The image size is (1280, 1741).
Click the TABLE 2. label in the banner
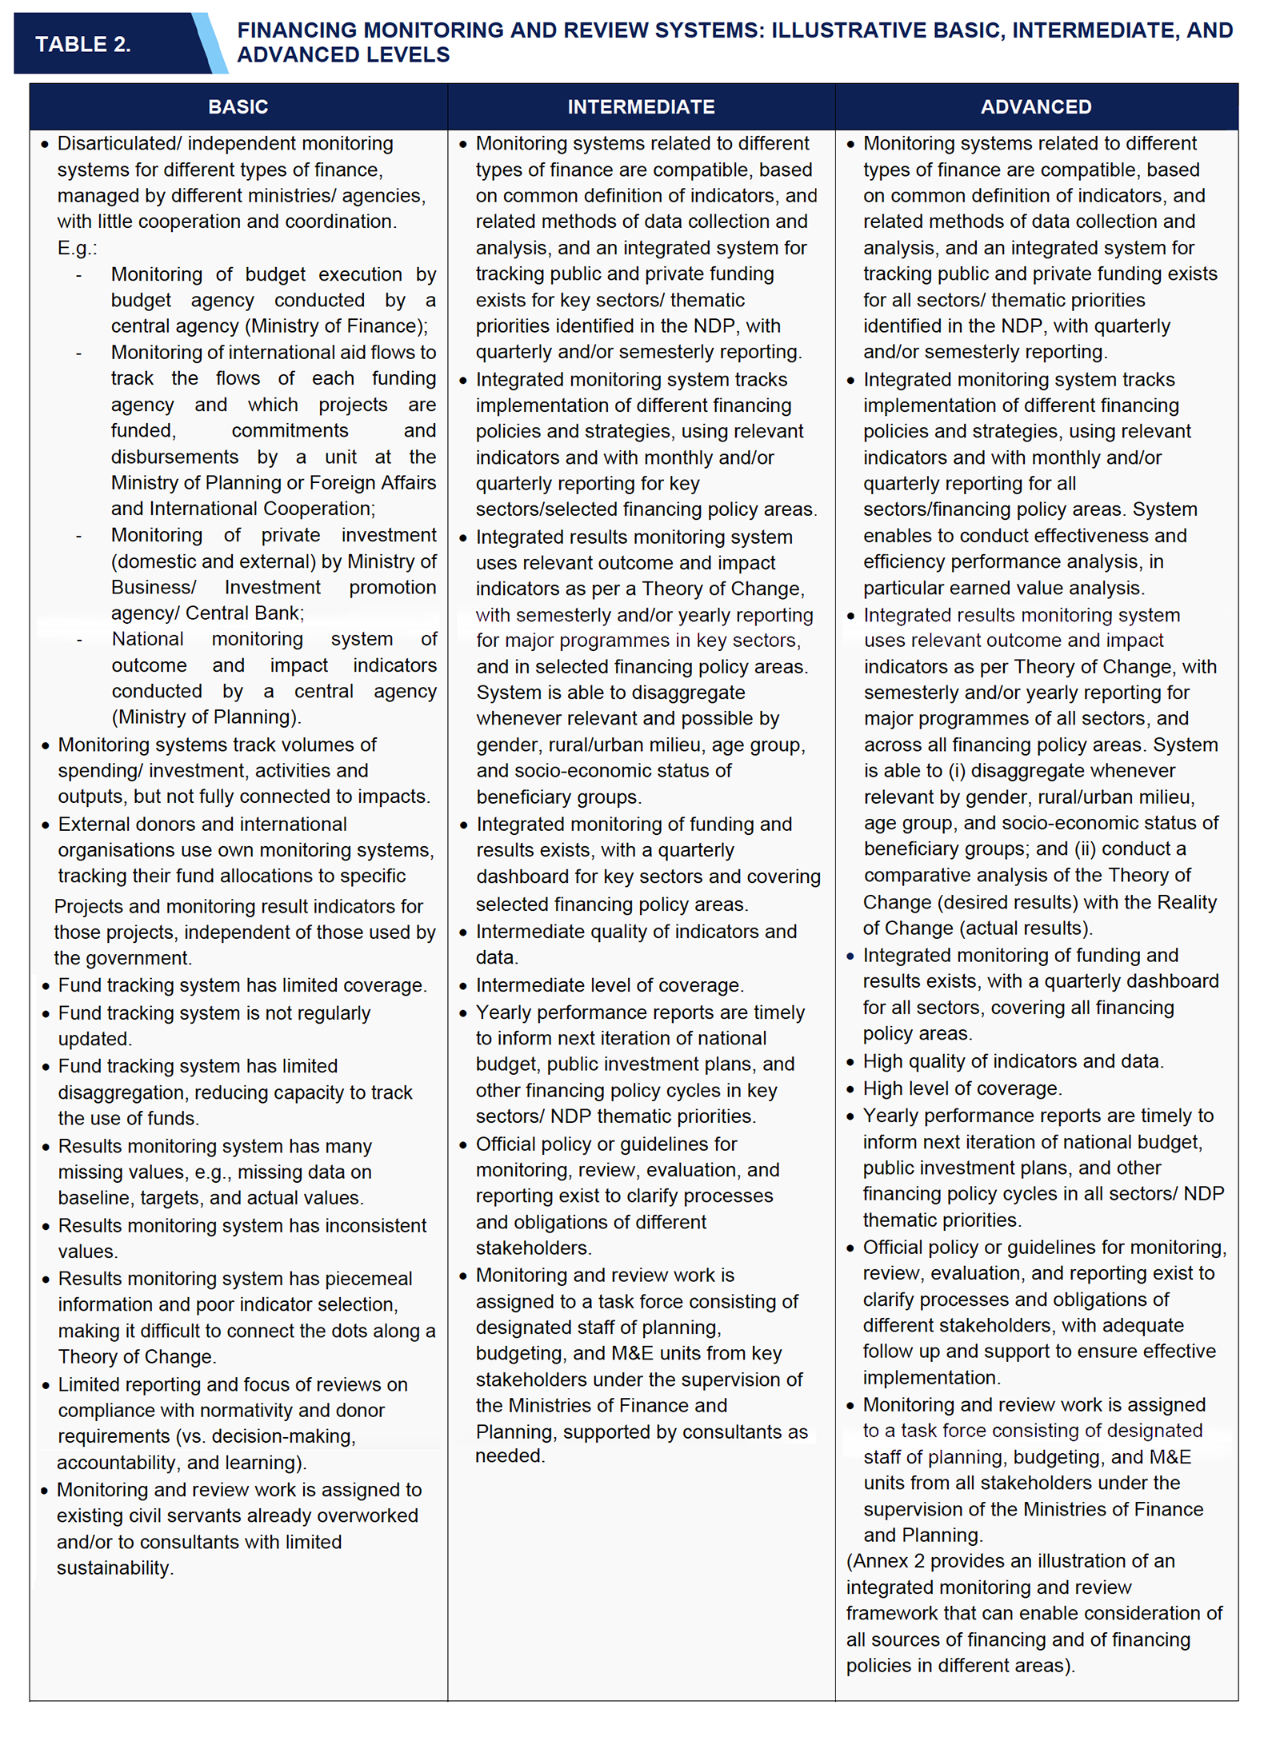pyautogui.click(x=82, y=44)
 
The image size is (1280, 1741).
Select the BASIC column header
pyautogui.click(x=238, y=107)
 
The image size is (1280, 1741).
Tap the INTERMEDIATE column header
pyautogui.click(x=641, y=107)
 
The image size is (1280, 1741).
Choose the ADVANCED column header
pyautogui.click(x=1036, y=107)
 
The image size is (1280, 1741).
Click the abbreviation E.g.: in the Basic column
pyautogui.click(x=77, y=248)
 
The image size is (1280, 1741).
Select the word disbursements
pyautogui.click(x=174, y=457)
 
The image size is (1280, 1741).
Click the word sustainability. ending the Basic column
pyautogui.click(x=115, y=1567)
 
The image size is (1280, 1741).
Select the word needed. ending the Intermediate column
pyautogui.click(x=510, y=1455)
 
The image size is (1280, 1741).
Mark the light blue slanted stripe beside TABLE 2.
pyautogui.click(x=210, y=44)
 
